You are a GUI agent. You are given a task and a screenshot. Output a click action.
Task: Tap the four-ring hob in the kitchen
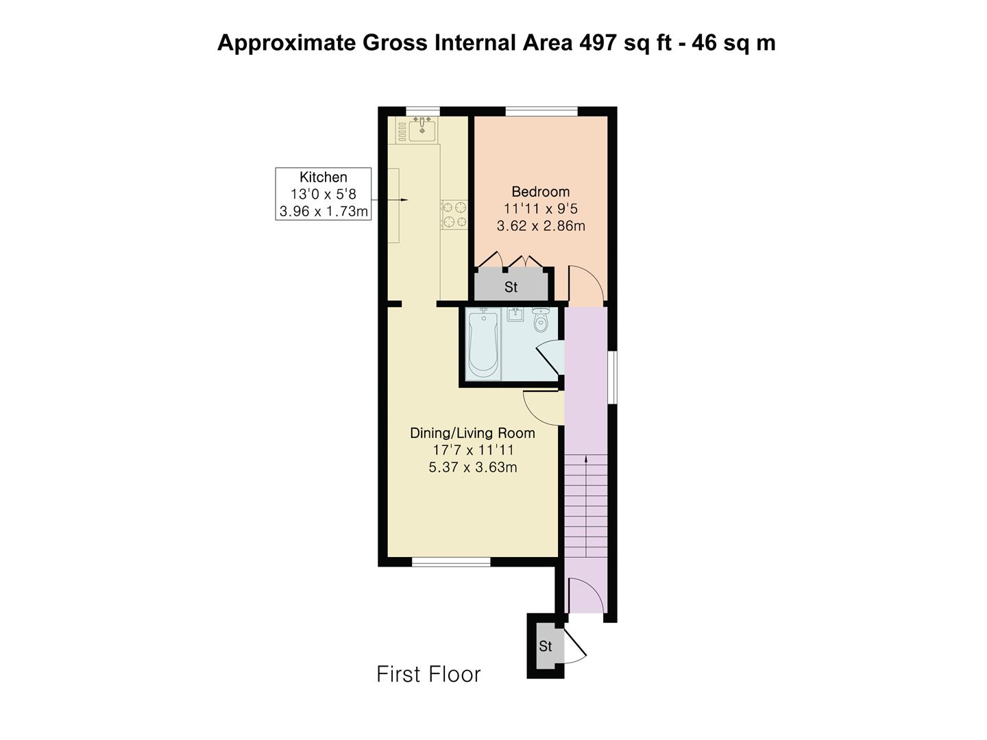point(454,214)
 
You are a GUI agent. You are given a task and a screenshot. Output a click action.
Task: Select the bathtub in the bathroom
point(483,344)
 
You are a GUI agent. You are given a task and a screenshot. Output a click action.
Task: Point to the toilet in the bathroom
point(539,320)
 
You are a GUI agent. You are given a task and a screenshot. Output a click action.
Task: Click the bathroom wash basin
point(515,314)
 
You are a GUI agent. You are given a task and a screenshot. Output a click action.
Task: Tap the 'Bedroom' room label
point(541,192)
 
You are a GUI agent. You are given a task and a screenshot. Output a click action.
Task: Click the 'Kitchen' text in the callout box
point(324,177)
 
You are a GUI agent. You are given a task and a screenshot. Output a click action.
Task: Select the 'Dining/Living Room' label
point(472,433)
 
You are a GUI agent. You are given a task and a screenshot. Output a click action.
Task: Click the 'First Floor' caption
point(428,674)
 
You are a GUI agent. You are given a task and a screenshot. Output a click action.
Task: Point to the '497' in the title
point(597,43)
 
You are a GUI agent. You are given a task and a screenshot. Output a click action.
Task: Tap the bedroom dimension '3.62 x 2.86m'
point(541,225)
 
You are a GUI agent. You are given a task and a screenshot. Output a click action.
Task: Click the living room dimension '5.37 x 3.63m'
point(472,467)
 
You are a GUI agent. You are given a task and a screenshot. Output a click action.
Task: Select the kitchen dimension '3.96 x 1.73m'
point(324,211)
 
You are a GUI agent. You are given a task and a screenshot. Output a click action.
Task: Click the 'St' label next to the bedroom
point(511,287)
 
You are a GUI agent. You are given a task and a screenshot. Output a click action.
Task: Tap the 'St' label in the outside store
point(546,646)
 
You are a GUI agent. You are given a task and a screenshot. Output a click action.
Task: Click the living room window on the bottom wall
point(451,562)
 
